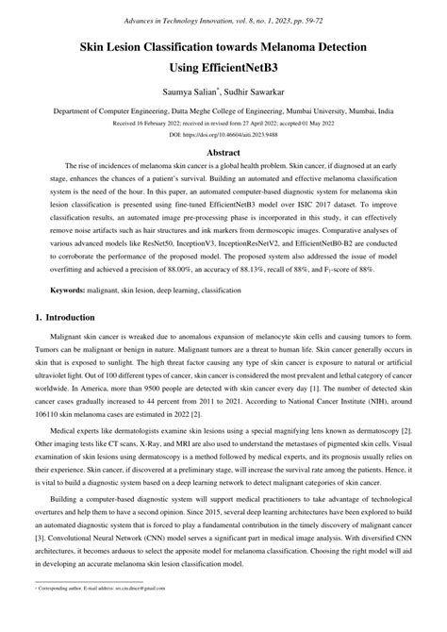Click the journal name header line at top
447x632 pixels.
(x=223, y=19)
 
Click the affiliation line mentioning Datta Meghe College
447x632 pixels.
(x=223, y=111)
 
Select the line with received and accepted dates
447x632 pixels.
(x=223, y=123)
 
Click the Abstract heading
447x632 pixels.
(x=223, y=153)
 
